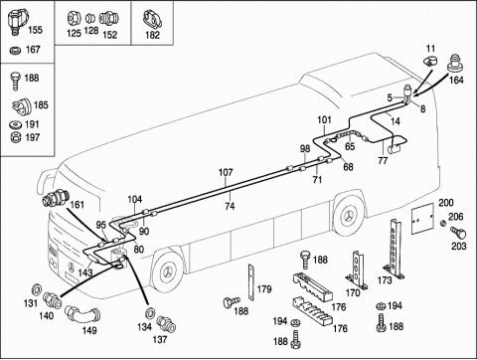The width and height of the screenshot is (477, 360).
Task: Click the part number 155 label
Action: coord(35,30)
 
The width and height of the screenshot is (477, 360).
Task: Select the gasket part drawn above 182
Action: coord(153,19)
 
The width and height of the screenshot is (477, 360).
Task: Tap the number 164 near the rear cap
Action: coord(456,80)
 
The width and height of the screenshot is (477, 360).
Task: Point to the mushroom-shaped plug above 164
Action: coord(456,63)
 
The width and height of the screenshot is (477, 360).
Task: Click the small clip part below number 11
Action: coord(430,61)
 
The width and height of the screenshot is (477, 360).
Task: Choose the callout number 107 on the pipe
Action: coord(226,172)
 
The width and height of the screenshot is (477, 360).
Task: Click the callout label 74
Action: coord(230,206)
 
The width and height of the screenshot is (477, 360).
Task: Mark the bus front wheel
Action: coord(168,271)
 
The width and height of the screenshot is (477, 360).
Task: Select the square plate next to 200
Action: coord(422,219)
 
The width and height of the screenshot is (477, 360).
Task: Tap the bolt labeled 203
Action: coord(458,233)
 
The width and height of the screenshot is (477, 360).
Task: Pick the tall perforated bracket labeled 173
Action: coord(396,249)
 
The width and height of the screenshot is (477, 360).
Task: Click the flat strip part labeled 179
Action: coord(250,282)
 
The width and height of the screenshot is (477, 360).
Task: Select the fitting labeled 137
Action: coord(166,323)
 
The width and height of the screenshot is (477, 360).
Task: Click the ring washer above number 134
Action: coord(151,313)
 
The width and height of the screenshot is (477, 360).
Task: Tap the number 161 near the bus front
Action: coord(78,205)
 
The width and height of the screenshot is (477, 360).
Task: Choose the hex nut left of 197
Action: coord(15,137)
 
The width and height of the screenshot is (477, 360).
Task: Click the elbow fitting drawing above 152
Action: coord(109,19)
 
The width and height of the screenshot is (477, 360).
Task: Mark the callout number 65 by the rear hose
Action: coord(350,146)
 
